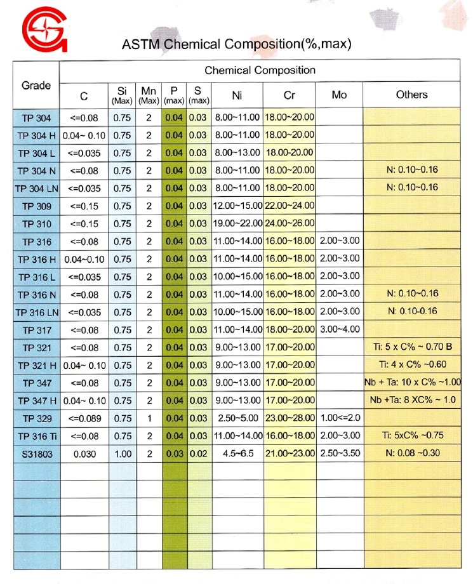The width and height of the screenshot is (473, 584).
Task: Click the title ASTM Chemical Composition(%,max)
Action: [x=237, y=44]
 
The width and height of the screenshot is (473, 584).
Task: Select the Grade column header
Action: [x=36, y=85]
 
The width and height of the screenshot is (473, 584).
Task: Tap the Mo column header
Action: [x=339, y=95]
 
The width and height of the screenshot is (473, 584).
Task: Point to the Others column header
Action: [x=411, y=95]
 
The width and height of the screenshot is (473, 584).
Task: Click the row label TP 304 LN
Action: [x=36, y=189]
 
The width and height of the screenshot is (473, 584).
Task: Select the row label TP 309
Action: [x=36, y=206]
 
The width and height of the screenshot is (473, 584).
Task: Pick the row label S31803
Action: [x=36, y=453]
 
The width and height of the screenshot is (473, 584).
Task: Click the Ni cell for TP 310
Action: [x=237, y=224]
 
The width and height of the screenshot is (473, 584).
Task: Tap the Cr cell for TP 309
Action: [x=290, y=206]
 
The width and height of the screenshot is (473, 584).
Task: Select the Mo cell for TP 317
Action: [x=339, y=329]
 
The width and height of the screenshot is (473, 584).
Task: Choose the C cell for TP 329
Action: [x=84, y=418]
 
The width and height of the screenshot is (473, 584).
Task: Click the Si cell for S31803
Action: [x=123, y=453]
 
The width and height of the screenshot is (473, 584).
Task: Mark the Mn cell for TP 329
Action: [x=149, y=418]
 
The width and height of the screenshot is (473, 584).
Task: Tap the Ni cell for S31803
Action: [x=237, y=453]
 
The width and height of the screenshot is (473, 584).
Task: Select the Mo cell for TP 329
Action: [x=339, y=418]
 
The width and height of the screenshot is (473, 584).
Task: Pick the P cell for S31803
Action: [x=174, y=453]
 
